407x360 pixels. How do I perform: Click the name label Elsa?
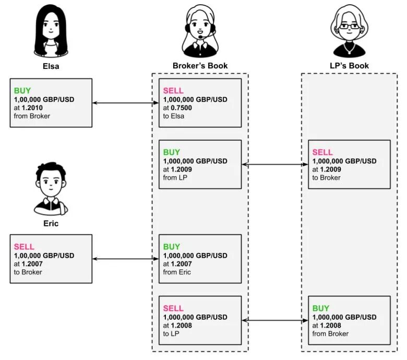[51, 66]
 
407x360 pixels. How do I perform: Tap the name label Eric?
[51, 223]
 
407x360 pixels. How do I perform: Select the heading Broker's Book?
[200, 66]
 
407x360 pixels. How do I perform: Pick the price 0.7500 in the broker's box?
[182, 107]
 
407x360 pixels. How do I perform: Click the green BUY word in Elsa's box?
[22, 90]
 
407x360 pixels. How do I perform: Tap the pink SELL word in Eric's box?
[24, 246]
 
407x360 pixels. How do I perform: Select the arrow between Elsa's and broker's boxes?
[125, 103]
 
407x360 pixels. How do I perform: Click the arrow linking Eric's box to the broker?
[125, 259]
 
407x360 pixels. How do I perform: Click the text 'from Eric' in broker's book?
[177, 272]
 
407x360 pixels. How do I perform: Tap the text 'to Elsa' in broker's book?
[174, 116]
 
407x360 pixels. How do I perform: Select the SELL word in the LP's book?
[322, 152]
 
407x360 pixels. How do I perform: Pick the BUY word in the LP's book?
[321, 308]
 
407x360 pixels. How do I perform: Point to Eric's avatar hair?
[50, 170]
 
